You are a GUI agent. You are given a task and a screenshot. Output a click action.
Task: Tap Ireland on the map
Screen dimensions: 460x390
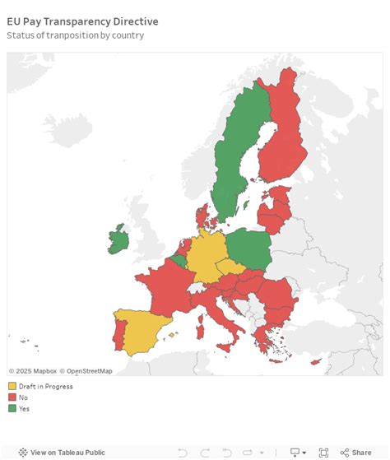click(x=118, y=239)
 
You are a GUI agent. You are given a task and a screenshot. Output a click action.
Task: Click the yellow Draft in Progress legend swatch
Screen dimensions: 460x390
click(x=12, y=386)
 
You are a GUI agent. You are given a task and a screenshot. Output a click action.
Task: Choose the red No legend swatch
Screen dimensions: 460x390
click(x=12, y=397)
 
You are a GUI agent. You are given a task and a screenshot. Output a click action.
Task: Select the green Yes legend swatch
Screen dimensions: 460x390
click(x=12, y=407)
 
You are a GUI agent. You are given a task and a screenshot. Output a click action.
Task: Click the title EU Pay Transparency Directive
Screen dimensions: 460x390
click(x=82, y=21)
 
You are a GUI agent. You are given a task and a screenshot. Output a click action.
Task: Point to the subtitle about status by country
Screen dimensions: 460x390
click(x=75, y=35)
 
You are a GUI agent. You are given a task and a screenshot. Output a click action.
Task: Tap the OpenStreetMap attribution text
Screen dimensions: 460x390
click(x=90, y=371)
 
